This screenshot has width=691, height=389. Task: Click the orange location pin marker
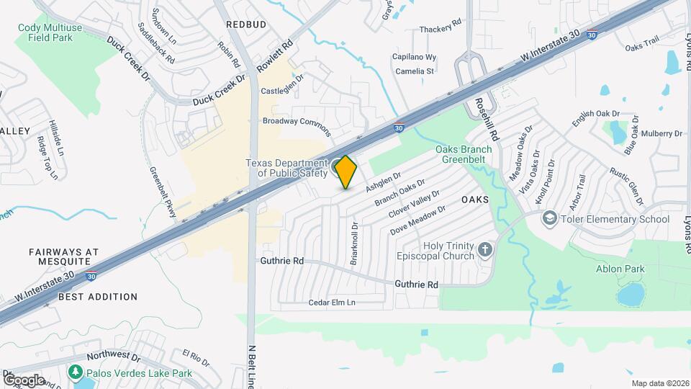click(x=346, y=172)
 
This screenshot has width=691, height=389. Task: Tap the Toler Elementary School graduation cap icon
click(x=551, y=218)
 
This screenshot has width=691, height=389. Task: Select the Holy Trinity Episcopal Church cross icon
click(x=485, y=251)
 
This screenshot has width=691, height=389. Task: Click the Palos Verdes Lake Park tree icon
click(x=75, y=372)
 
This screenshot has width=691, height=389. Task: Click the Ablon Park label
click(x=620, y=269)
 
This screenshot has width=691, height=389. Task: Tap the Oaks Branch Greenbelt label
click(x=464, y=154)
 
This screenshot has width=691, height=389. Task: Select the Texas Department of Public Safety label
click(x=286, y=168)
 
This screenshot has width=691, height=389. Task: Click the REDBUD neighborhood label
click(x=245, y=24)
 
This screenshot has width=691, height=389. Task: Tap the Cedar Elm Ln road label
click(x=332, y=303)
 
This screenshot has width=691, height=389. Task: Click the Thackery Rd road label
click(x=441, y=27)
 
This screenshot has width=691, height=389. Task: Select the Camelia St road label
click(x=414, y=71)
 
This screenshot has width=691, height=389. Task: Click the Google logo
click(x=23, y=380)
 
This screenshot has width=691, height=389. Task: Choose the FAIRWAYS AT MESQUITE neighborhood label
click(x=63, y=257)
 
